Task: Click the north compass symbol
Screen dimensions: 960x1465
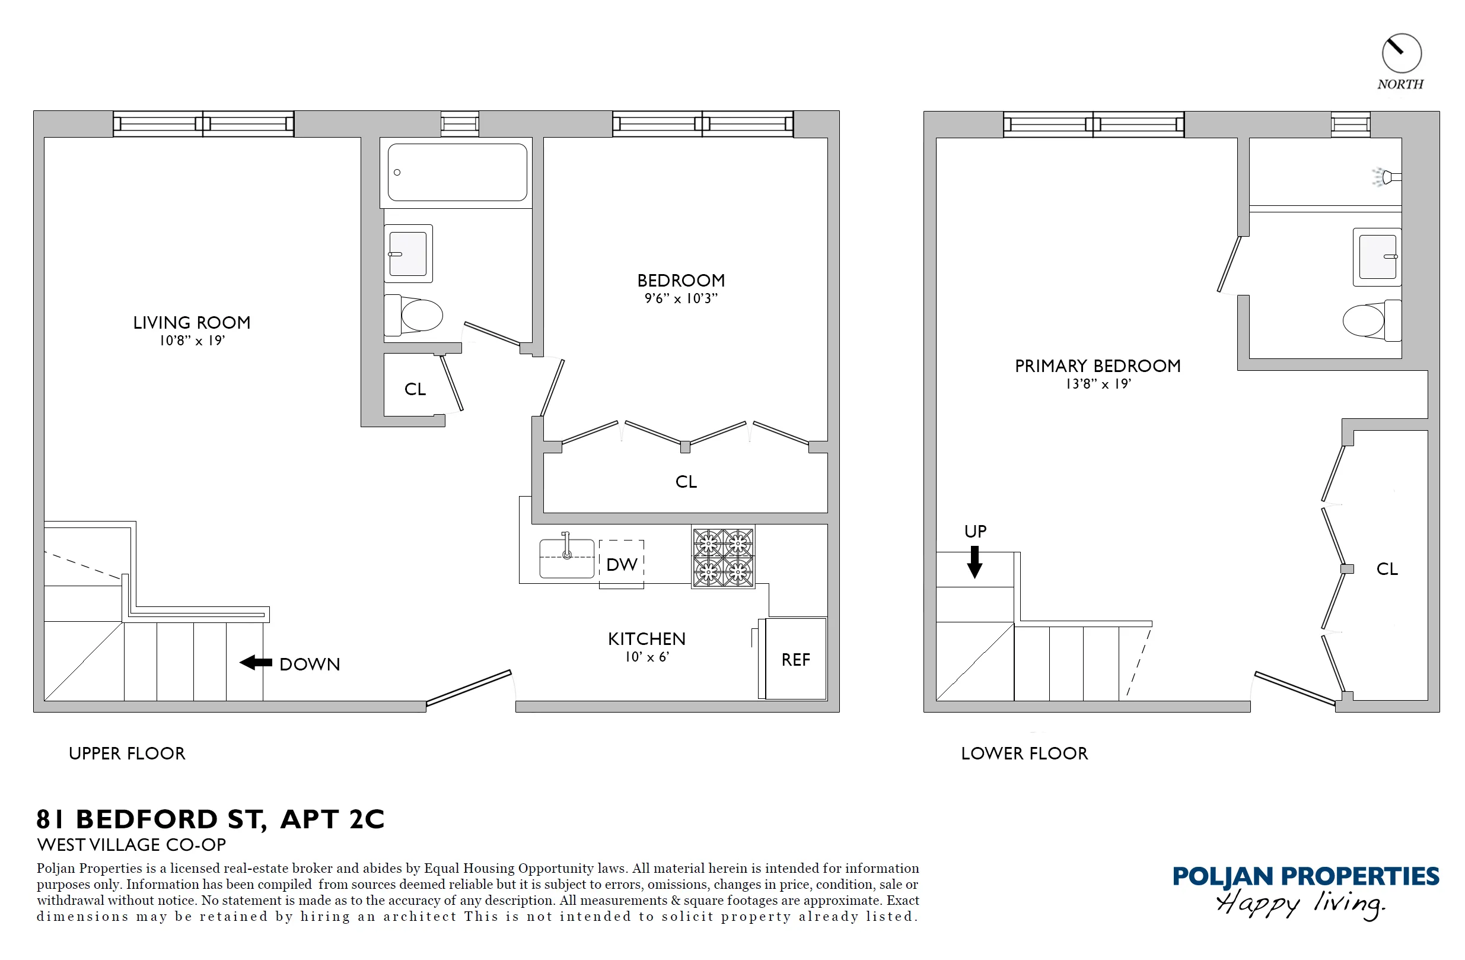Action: [x=1401, y=53]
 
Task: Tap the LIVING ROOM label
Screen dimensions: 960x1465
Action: [x=192, y=323]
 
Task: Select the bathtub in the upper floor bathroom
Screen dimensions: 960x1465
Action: [x=457, y=173]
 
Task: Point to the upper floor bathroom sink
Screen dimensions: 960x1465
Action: [x=408, y=254]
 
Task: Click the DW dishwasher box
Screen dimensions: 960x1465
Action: [x=621, y=564]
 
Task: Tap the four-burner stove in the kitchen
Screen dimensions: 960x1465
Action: [x=722, y=557]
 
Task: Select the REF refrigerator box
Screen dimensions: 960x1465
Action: [x=795, y=660]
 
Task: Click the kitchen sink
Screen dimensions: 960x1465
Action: [x=566, y=558]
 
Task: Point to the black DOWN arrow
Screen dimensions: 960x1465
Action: [x=256, y=663]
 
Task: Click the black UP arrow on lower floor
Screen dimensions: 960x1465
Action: [x=974, y=562]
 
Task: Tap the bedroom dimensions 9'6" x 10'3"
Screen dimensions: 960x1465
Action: [x=681, y=298]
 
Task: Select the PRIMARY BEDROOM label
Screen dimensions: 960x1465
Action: [x=1097, y=365]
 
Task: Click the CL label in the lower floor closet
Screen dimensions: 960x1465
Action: [x=1387, y=569]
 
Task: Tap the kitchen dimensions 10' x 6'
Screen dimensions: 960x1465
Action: [x=646, y=657]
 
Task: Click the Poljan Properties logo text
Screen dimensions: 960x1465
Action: [x=1305, y=876]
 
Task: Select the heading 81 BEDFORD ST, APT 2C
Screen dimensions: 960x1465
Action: [x=211, y=819]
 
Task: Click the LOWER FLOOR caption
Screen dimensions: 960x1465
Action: [x=1024, y=754]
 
